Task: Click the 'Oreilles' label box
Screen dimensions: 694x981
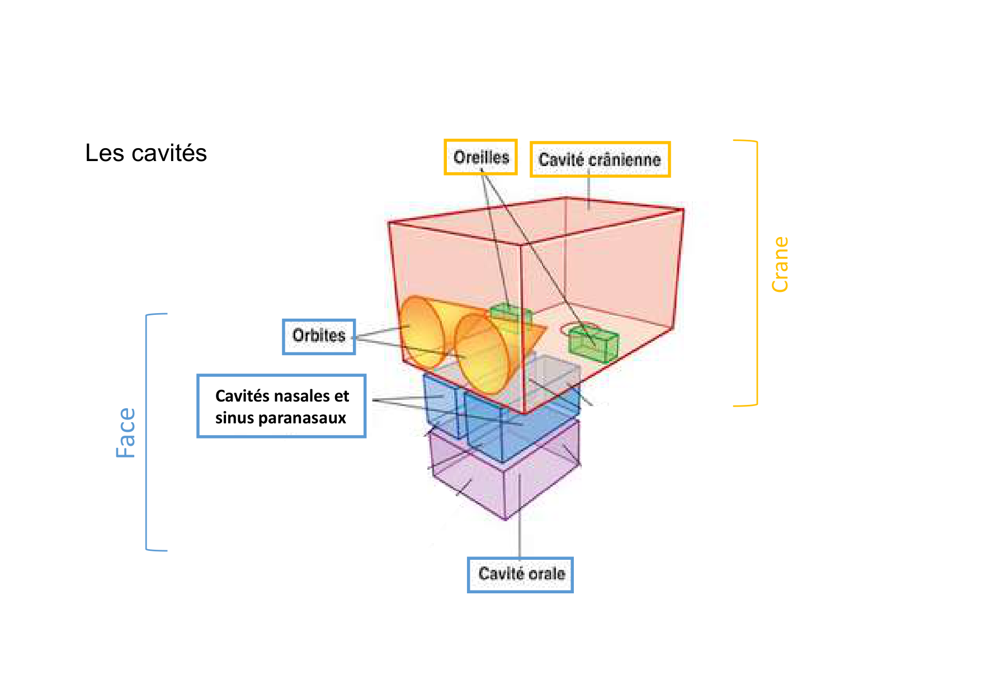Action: click(x=481, y=157)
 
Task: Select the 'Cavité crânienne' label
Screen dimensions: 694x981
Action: click(x=600, y=160)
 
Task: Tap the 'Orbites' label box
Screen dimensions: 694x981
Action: click(x=319, y=336)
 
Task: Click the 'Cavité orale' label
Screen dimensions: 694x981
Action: click(x=521, y=574)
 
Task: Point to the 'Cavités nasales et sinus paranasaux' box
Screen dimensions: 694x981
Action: click(x=281, y=406)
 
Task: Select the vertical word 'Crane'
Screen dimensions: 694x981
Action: click(x=780, y=264)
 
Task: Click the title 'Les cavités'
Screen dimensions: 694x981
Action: click(x=146, y=153)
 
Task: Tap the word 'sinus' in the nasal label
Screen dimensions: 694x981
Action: click(x=234, y=418)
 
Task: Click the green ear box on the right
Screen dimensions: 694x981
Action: click(x=593, y=344)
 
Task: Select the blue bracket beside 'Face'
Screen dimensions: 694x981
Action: click(x=148, y=432)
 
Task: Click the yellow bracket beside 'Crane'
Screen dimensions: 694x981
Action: click(x=756, y=273)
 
